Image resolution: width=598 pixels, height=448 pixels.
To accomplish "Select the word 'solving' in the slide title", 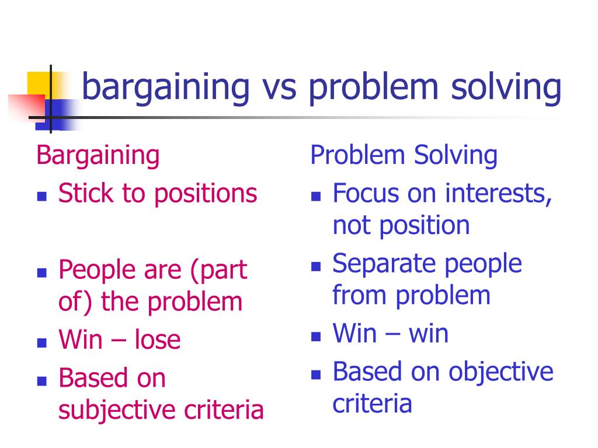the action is pyautogui.click(x=506, y=88).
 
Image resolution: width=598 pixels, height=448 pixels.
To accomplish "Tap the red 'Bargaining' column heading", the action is pyautogui.click(x=98, y=156).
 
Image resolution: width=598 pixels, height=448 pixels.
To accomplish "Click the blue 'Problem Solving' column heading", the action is pyautogui.click(x=404, y=155).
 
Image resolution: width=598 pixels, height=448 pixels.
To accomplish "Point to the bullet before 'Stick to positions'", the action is pyautogui.click(x=42, y=196).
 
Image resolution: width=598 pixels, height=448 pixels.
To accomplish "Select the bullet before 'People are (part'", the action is pyautogui.click(x=42, y=273).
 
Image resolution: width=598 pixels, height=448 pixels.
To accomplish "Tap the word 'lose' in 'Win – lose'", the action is pyautogui.click(x=158, y=339).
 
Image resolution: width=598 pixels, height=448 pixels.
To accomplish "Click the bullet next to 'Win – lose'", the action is pyautogui.click(x=42, y=343).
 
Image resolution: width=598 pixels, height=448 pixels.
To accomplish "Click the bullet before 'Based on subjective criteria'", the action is pyautogui.click(x=42, y=381).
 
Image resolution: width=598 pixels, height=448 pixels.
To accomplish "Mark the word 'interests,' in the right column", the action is pyautogui.click(x=499, y=194).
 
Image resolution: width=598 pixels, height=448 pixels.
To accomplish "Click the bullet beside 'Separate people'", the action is pyautogui.click(x=316, y=266).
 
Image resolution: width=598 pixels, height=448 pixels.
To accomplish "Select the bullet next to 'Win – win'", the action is pyautogui.click(x=316, y=337).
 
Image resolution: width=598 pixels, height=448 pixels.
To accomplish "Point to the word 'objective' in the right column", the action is pyautogui.click(x=500, y=372).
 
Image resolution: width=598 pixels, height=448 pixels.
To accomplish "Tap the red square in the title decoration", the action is pyautogui.click(x=27, y=107).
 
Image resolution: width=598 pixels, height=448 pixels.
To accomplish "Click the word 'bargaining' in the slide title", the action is pyautogui.click(x=166, y=88).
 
